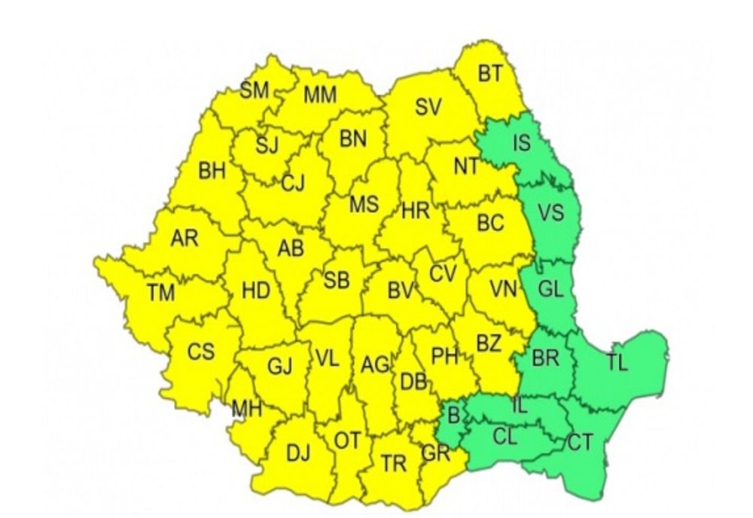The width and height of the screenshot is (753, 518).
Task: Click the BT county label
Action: (490, 74)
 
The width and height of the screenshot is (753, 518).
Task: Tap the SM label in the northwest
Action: (255, 91)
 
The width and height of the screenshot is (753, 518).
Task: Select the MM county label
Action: (320, 96)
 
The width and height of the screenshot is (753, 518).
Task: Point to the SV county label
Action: (428, 108)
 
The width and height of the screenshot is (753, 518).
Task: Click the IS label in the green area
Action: (521, 143)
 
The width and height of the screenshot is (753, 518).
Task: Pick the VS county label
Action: (551, 213)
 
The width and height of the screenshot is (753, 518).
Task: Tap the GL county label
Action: (552, 289)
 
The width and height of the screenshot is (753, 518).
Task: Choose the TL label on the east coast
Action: (617, 362)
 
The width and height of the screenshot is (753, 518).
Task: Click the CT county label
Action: (579, 443)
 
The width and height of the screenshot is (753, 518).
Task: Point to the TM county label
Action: (160, 293)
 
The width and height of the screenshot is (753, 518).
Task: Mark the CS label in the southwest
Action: (201, 352)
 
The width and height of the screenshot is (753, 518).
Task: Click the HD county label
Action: (256, 291)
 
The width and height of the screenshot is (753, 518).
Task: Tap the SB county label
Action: (336, 281)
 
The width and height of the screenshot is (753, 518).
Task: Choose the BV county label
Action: (401, 288)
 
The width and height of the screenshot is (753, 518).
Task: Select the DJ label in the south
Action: (298, 453)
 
